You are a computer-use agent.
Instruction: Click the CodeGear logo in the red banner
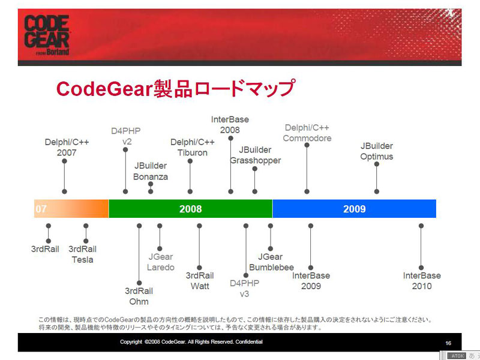[x=47, y=35]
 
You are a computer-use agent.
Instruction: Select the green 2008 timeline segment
[x=190, y=209]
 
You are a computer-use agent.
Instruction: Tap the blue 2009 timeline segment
[x=354, y=209]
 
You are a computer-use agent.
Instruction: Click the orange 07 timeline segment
[x=71, y=209]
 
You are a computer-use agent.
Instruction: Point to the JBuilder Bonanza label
[x=151, y=171]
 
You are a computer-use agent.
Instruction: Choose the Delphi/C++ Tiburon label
[x=192, y=147]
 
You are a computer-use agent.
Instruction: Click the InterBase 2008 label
[x=230, y=125]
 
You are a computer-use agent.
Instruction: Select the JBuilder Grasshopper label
[x=256, y=155]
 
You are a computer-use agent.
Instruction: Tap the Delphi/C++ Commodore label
[x=307, y=133]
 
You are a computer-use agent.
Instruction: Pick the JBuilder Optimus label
[x=377, y=151]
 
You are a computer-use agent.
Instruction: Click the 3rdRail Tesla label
[x=82, y=254]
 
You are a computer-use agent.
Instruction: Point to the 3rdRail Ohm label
[x=139, y=296]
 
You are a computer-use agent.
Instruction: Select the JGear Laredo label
[x=160, y=262]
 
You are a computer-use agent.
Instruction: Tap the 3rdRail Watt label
[x=200, y=281]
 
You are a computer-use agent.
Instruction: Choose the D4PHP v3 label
[x=244, y=289]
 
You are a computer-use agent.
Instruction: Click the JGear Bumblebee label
[x=271, y=262]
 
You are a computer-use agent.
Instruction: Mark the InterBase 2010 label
[x=422, y=281]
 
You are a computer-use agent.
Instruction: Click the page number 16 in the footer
[x=448, y=343]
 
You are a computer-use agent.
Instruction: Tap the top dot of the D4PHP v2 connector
[x=125, y=149]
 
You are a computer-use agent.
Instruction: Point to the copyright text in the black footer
[x=191, y=341]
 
